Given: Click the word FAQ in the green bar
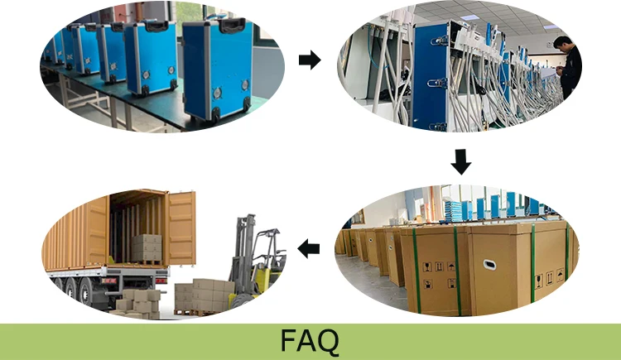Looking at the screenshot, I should coord(310,341).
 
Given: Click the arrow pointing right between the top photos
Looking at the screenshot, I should coord(309,60).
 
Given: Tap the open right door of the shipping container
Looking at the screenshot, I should coord(181,228).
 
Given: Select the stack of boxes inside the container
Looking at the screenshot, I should coord(147,247).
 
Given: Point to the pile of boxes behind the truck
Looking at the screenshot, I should coord(136,300).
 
